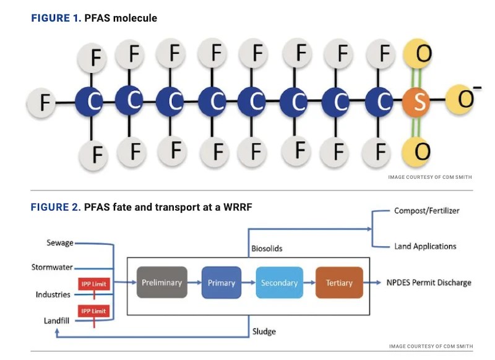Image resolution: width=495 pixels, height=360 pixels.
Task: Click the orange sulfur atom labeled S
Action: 419,102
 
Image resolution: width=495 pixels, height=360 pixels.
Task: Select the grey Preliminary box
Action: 161,283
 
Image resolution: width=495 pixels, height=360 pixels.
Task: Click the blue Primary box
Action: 221,283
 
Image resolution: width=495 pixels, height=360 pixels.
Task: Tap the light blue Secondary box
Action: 279,283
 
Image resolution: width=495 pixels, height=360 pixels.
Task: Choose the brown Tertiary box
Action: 339,283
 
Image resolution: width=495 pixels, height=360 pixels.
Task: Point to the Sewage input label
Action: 60,242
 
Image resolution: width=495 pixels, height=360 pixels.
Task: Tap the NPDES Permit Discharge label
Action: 429,283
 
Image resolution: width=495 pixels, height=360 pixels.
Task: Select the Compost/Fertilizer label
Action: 426,211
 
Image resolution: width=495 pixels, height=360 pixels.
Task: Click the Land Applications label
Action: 425,246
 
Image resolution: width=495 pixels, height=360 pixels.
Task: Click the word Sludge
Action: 264,332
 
